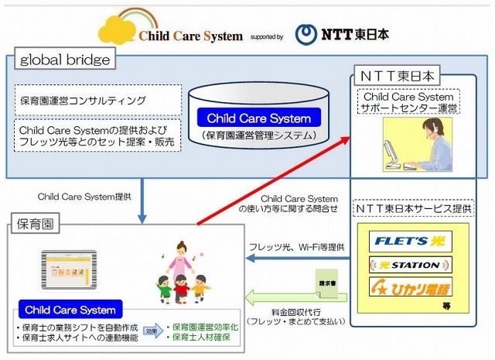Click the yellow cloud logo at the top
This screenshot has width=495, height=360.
(x=115, y=27)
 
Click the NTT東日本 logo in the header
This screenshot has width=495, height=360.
(x=346, y=33)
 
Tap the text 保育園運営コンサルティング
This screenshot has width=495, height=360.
(x=83, y=101)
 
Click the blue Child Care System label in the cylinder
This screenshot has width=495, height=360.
(x=258, y=119)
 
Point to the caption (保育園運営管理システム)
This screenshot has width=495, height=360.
(x=257, y=137)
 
